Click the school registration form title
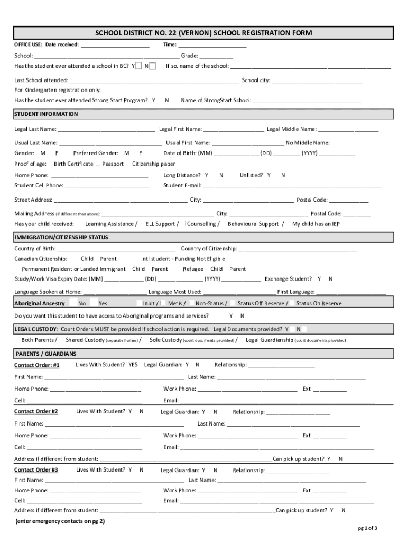[203, 33]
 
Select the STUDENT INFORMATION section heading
[46, 114]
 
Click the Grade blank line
[216, 56]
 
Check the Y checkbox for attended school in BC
[138, 66]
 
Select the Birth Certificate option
[73, 164]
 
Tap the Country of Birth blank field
[116, 249]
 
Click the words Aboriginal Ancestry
[40, 304]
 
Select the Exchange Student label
[288, 279]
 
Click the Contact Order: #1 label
[37, 365]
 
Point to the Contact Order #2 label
[36, 412]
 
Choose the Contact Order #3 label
[36, 470]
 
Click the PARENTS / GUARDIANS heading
[46, 354]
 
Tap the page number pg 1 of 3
[367, 528]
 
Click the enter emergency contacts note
[60, 521]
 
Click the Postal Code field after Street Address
[349, 201]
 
